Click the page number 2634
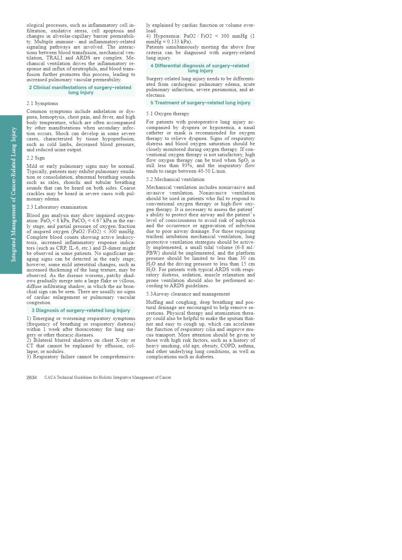32,377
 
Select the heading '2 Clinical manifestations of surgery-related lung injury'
81,90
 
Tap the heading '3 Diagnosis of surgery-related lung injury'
81,310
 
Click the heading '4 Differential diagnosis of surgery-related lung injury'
200,68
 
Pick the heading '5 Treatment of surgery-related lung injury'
200,103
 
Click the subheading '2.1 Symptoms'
42,103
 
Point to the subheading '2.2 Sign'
36,158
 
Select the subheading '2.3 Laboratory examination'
57,207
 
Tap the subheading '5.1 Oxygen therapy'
168,114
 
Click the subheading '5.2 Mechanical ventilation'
175,179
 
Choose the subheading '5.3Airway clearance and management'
188,294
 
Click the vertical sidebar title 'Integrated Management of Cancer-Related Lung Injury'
14,194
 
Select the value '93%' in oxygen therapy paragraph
187,165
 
